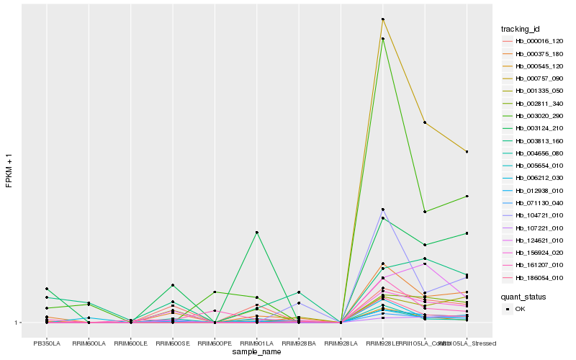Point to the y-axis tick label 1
19,323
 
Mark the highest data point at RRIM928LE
383,19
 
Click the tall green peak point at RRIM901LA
257,233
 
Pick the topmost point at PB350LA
46,289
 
